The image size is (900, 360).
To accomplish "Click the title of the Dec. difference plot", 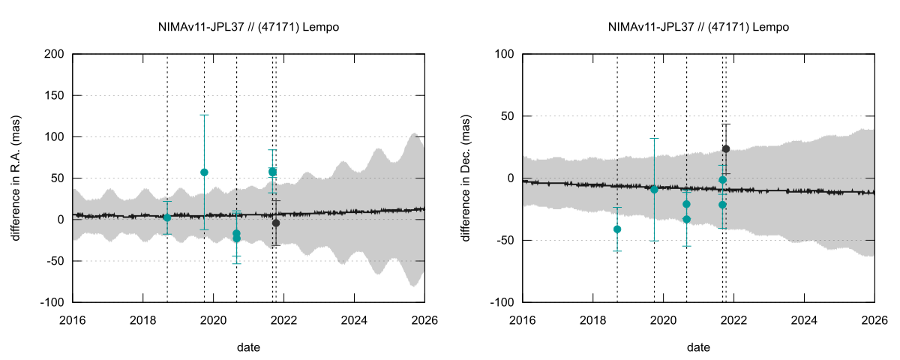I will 698,27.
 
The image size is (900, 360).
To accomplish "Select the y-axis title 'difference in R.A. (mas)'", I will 16,178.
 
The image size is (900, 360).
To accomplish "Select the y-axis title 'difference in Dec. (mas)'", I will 466,178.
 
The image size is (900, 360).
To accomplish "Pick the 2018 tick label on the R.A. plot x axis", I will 143,319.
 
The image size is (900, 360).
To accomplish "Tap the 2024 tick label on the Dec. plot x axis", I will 805,319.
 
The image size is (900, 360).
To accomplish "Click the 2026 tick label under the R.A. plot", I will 424,319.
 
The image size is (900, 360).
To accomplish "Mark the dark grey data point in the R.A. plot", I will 276,223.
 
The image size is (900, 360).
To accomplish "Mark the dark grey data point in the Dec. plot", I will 726,148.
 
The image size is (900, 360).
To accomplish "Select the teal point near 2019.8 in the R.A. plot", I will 204,172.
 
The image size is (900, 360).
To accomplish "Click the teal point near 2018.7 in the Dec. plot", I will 617,229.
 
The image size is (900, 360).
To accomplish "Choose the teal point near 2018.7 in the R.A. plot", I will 167,217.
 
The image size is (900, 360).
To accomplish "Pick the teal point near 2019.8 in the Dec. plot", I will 654,189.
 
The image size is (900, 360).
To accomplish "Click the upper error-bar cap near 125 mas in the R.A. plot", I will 204,115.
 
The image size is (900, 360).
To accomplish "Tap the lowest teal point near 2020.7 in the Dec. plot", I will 686,219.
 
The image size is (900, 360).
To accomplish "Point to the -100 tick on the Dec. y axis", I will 503,302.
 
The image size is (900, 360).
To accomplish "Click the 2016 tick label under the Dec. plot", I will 523,319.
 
